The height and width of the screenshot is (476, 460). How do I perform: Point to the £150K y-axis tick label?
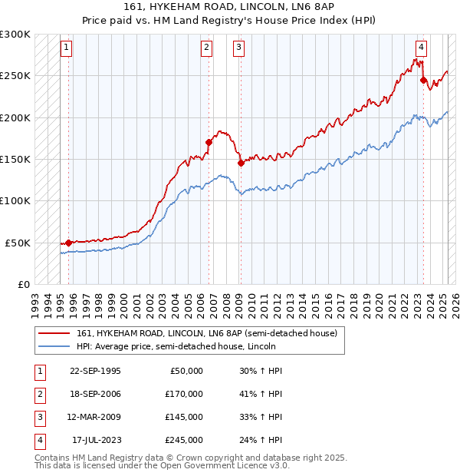15,160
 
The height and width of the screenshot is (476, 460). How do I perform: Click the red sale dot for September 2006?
208,142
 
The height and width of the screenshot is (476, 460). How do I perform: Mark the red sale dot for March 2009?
240,163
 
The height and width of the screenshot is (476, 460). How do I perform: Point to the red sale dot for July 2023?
423,79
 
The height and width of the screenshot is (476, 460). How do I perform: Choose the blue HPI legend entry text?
176,347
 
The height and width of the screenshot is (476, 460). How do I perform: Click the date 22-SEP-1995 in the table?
95,371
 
